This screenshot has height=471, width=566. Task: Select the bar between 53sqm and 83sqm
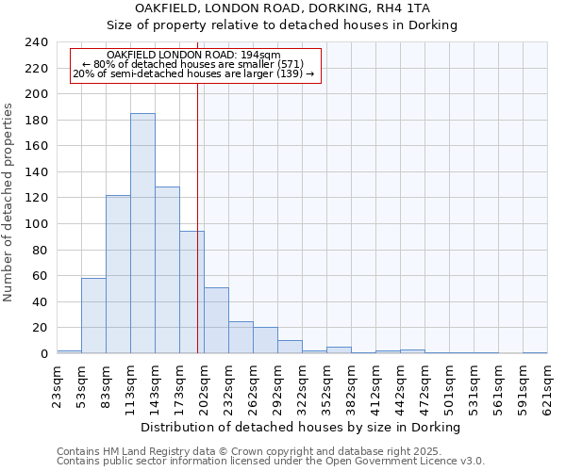coord(93,316)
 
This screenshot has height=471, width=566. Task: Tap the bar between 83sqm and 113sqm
coord(118,274)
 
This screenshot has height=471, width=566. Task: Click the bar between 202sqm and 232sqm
coord(216,320)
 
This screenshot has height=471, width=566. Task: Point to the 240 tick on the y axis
coord(37,42)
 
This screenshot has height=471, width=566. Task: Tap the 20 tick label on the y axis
coord(41,328)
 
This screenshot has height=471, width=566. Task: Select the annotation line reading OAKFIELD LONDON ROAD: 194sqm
coord(193,56)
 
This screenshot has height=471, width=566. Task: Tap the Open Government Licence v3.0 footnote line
coord(271,462)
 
